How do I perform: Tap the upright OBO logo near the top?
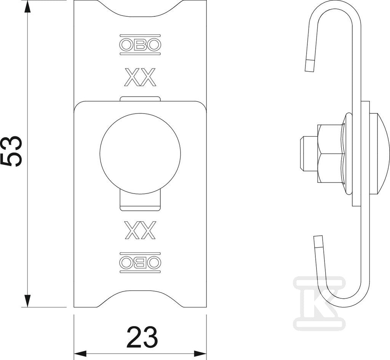pyautogui.click(x=140, y=45)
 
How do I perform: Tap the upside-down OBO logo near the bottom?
pyautogui.click(x=140, y=263)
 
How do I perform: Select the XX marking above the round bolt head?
pyautogui.click(x=140, y=77)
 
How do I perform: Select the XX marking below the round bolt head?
pyautogui.click(x=140, y=230)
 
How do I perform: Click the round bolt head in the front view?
pyautogui.click(x=140, y=153)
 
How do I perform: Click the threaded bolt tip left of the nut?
pyautogui.click(x=308, y=154)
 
